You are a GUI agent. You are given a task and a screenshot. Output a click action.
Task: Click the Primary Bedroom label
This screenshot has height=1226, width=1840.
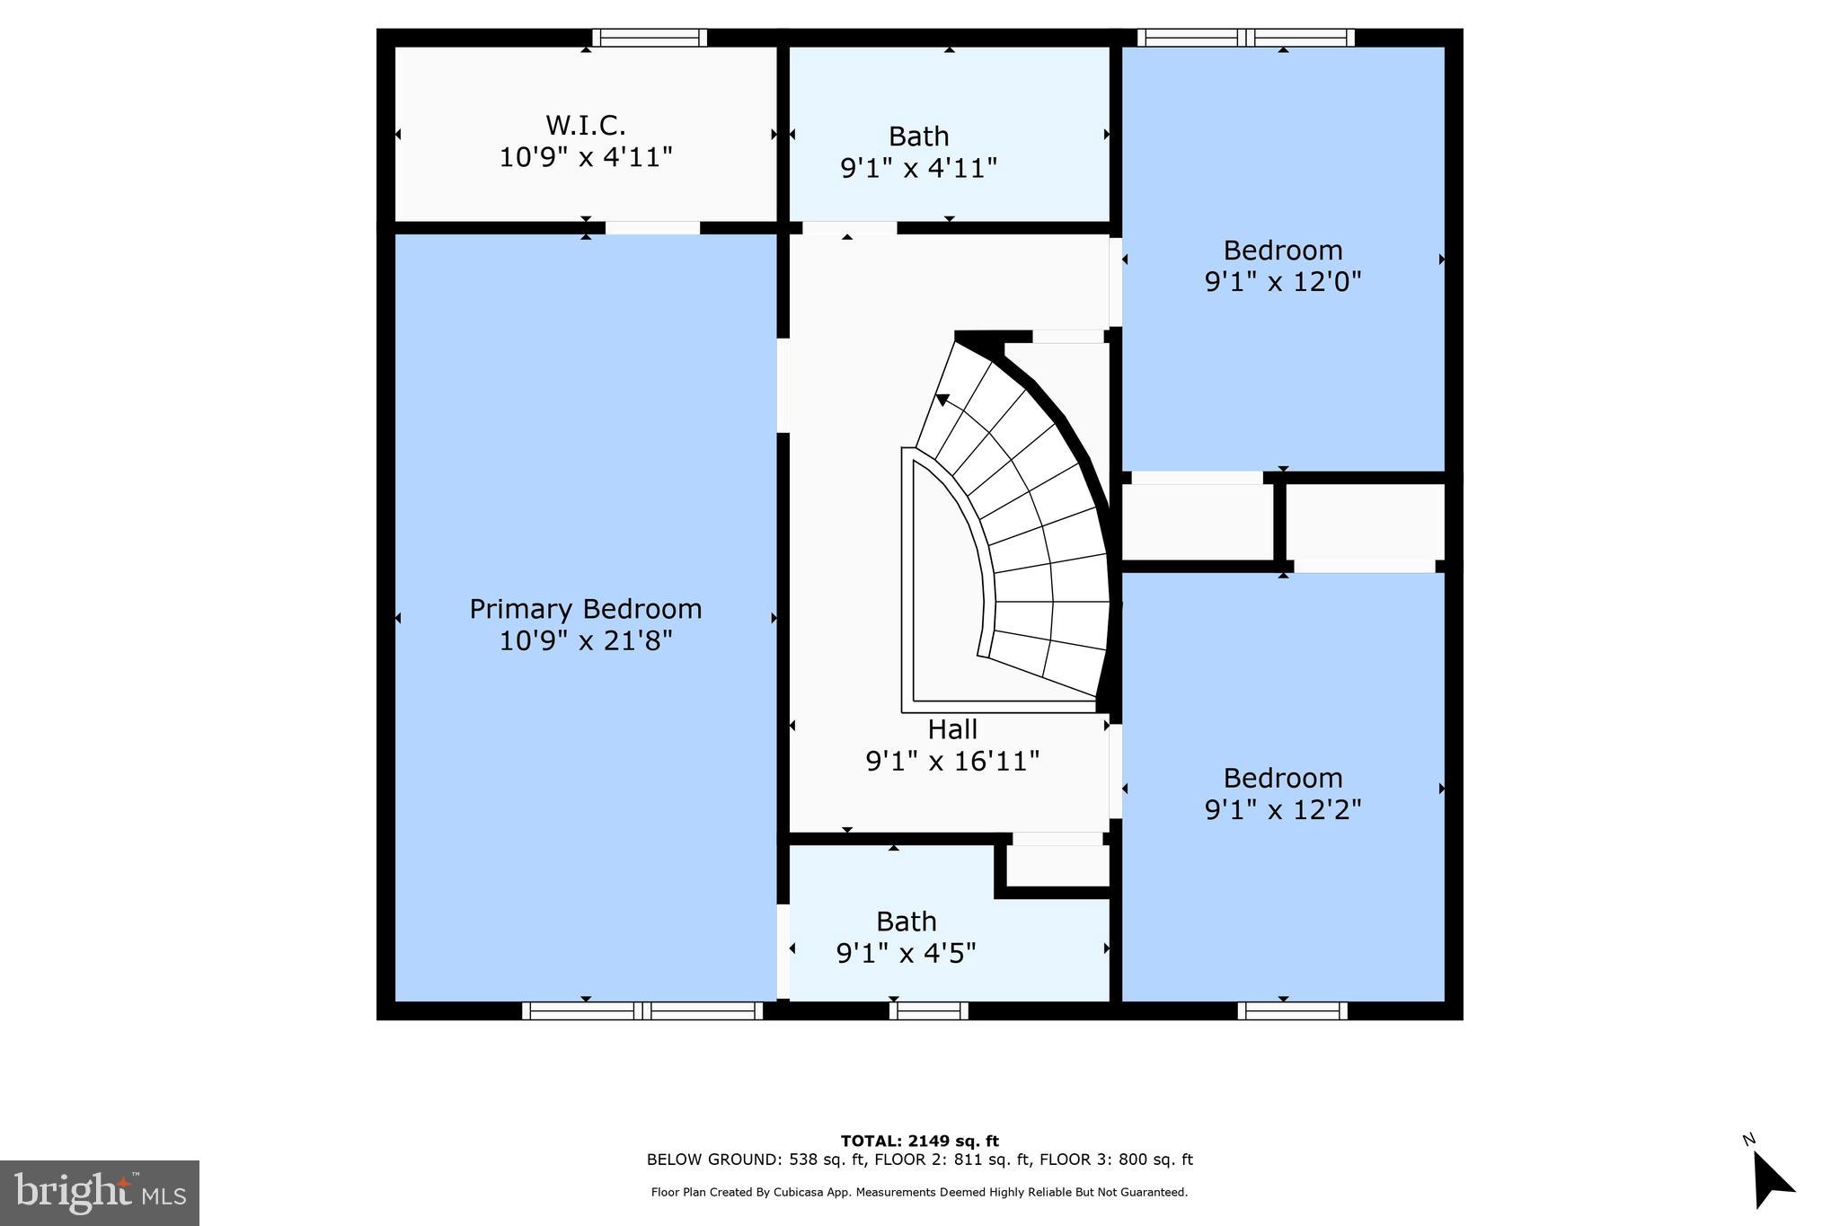(585, 609)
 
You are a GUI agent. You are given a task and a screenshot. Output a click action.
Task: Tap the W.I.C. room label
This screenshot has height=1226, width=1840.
(585, 124)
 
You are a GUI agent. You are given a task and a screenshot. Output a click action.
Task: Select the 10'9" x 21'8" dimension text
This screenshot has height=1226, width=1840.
(585, 641)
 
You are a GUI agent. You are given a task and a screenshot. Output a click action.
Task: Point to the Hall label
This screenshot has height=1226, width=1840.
(952, 728)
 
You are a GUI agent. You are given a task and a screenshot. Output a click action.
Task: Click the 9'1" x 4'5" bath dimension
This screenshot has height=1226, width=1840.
(906, 953)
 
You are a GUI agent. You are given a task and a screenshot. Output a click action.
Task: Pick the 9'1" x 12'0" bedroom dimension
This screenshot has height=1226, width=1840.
(1282, 282)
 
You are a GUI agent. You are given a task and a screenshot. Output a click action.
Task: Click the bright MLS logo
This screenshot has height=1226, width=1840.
(100, 1193)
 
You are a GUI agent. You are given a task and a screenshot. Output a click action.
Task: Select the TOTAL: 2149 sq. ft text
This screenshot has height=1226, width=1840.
(919, 1141)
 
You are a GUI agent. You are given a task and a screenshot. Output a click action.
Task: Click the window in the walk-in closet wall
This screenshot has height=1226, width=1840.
(649, 38)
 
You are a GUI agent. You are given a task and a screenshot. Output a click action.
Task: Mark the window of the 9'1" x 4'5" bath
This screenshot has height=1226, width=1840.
(928, 1010)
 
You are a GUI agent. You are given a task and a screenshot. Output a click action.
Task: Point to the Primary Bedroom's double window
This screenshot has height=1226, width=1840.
(641, 1010)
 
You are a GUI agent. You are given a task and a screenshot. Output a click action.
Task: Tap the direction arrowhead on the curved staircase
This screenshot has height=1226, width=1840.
(942, 401)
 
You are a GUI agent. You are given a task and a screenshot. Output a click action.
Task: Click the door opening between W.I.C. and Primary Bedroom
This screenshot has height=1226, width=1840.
(652, 228)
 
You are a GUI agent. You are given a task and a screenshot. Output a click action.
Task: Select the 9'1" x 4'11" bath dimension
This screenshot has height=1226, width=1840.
(918, 168)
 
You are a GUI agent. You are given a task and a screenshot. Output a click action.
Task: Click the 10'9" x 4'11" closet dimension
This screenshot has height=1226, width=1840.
(585, 157)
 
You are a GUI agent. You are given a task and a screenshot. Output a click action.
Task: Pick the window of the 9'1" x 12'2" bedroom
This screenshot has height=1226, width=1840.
(1291, 1010)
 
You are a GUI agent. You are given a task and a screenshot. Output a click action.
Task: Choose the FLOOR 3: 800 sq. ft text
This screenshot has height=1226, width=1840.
(1116, 1160)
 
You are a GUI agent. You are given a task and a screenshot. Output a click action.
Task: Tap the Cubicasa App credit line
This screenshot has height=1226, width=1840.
(919, 1193)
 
